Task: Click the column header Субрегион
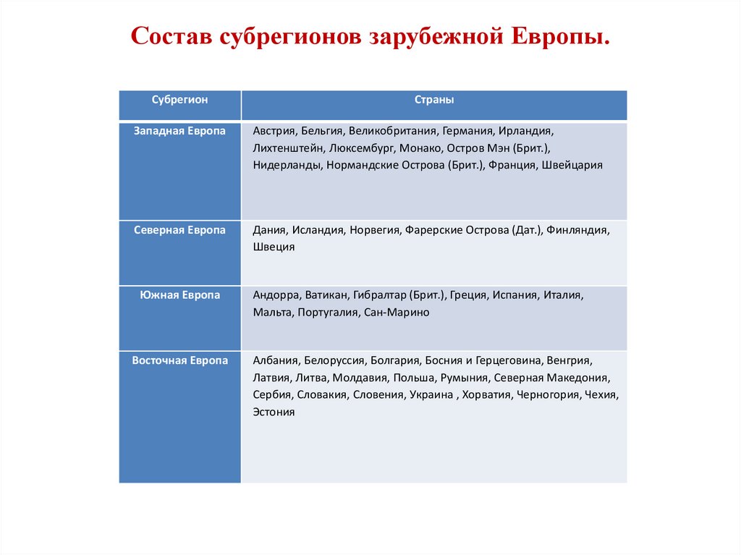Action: click(x=179, y=100)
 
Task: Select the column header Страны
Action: click(x=434, y=100)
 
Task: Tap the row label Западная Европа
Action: click(x=179, y=131)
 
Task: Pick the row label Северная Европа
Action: click(x=179, y=229)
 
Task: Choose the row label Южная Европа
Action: click(x=179, y=295)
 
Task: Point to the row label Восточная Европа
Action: click(x=179, y=360)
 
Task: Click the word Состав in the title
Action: click(x=172, y=36)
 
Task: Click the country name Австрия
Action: click(x=275, y=132)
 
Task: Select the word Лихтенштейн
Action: click(x=287, y=148)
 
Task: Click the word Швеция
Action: click(x=274, y=247)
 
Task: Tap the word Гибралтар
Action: click(x=379, y=296)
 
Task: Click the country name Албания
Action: click(x=276, y=360)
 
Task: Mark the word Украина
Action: click(x=431, y=395)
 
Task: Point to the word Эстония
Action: click(x=274, y=412)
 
